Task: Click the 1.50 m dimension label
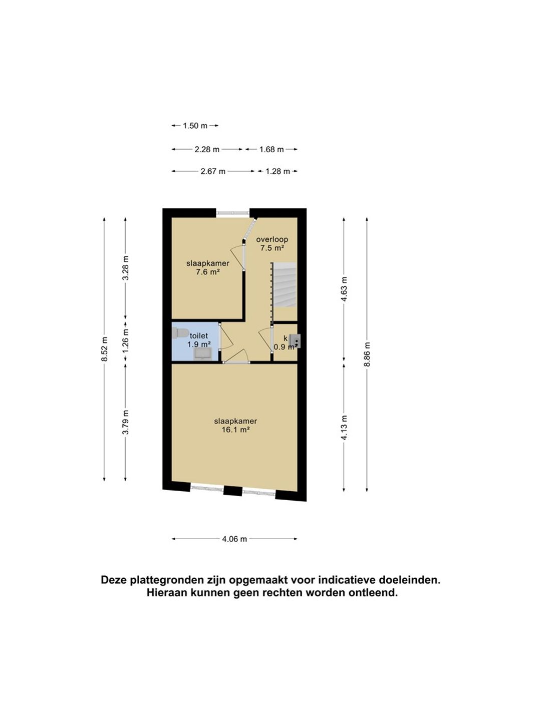(195, 126)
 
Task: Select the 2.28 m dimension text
(207, 149)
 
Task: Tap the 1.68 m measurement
(272, 149)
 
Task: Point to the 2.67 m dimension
(213, 171)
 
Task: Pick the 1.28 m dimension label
(278, 171)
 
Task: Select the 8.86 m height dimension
(367, 354)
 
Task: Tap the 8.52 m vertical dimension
(104, 349)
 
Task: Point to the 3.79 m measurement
(125, 422)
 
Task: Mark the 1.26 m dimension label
(125, 341)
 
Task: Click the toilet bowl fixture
(180, 333)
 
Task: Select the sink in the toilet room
(203, 354)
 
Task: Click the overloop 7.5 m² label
(272, 244)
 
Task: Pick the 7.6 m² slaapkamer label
(208, 268)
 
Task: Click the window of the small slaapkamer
(233, 213)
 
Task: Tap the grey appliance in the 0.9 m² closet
(296, 341)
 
